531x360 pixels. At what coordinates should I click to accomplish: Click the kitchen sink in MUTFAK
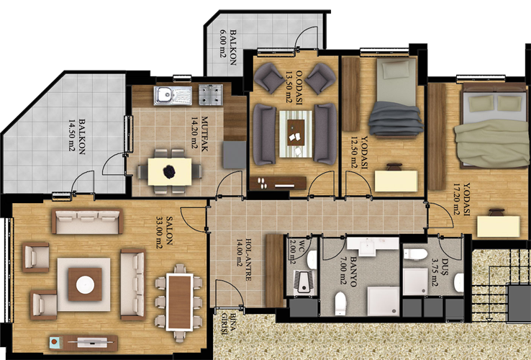pos(173,95)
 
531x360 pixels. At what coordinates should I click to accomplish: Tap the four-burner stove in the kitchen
pos(211,94)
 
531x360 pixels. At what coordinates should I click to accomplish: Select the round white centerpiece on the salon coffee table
pos(85,284)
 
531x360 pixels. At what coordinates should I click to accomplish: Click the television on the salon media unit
pos(91,342)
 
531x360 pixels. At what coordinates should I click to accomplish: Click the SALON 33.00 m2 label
pos(164,231)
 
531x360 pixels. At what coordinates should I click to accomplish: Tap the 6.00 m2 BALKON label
pos(228,47)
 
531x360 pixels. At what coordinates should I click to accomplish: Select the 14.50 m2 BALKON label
pos(77,136)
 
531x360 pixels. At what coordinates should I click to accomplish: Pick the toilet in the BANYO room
pos(340,303)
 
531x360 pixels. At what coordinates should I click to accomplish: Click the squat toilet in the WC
pos(304,282)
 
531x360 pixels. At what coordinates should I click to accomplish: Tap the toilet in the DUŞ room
pos(416,254)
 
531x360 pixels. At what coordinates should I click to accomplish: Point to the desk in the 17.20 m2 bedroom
pos(499,226)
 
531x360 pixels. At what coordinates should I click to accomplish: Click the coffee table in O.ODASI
pos(296,132)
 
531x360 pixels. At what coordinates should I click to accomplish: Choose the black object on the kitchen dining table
pos(169,172)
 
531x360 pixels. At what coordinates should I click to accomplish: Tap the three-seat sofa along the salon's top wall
pos(87,221)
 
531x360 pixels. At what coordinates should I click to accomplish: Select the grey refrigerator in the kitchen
pos(235,155)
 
